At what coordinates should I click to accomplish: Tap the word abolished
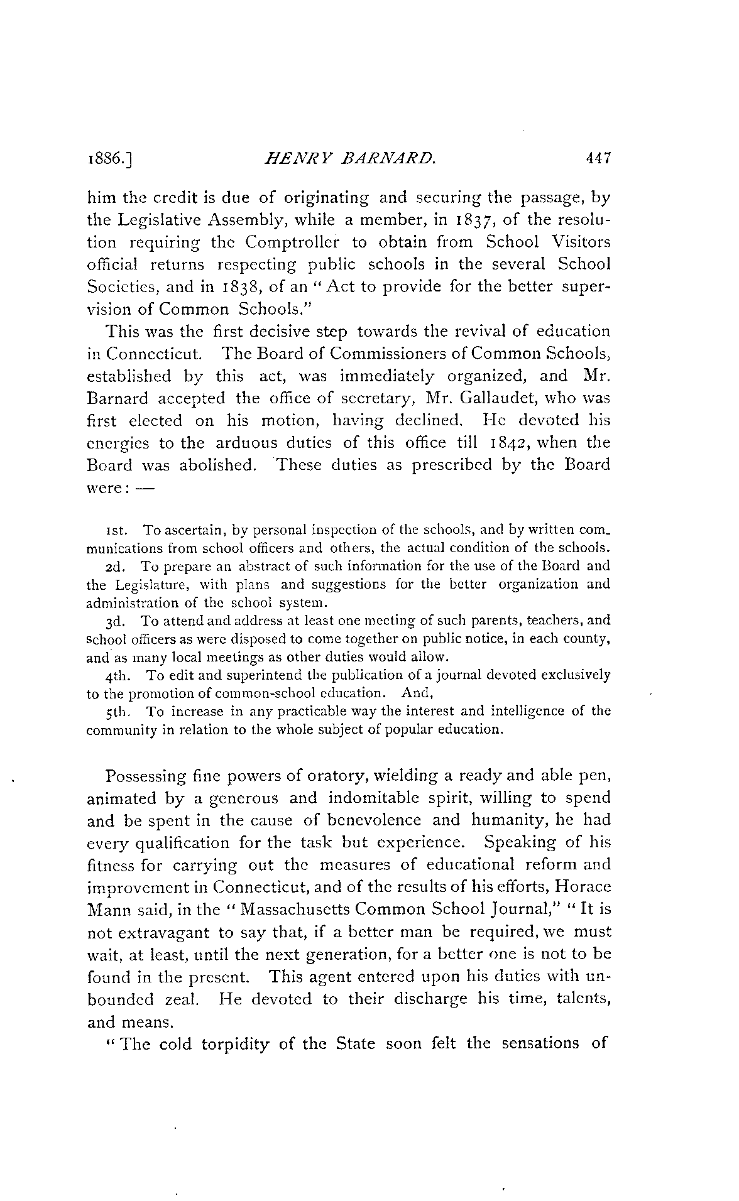point(213,465)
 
